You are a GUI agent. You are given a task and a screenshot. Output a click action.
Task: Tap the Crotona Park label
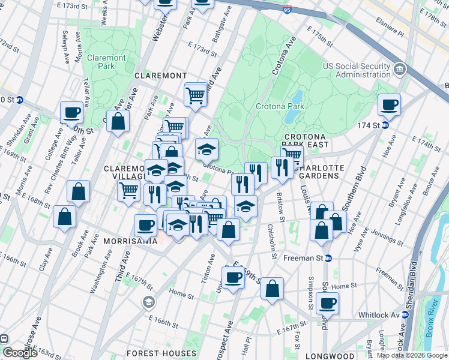coord(280,107)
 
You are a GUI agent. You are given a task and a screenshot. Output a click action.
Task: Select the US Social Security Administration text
coord(357,70)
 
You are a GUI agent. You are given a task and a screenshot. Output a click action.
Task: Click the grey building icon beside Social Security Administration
coord(399,70)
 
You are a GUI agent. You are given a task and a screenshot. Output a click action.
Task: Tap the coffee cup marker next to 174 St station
coord(389,105)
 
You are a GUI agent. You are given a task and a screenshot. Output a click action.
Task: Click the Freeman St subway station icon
coord(328,259)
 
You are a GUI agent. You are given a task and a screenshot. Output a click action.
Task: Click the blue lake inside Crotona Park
coord(297,97)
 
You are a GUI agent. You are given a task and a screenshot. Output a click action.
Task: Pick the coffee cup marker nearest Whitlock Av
coord(327,303)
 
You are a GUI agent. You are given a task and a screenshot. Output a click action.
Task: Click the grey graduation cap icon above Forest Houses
coord(148,301)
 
